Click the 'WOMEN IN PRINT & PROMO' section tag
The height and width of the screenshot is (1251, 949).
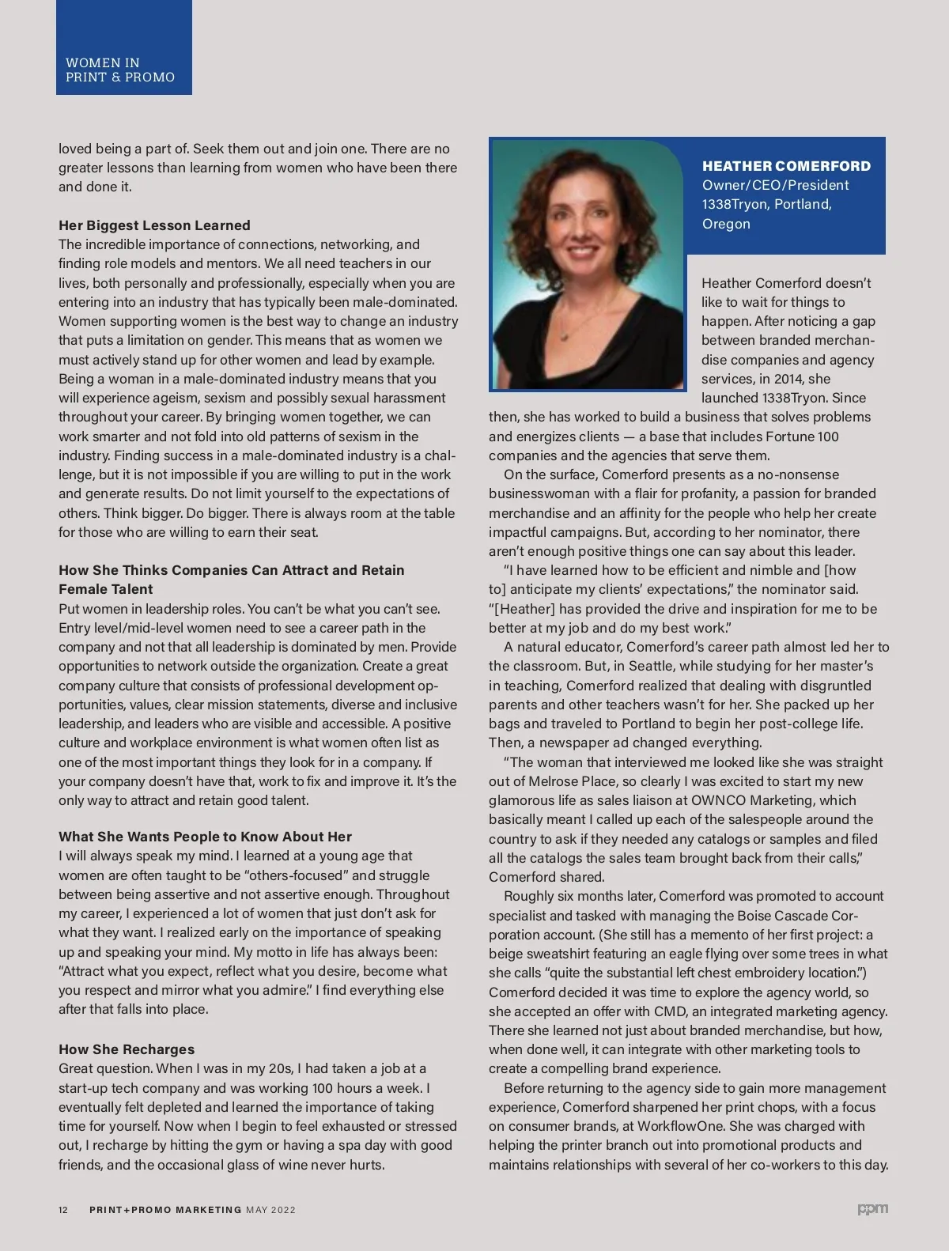pos(120,70)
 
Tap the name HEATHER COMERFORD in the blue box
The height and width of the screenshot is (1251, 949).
pos(786,166)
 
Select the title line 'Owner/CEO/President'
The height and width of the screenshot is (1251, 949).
pos(775,185)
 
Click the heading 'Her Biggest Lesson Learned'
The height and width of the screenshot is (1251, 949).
pos(154,225)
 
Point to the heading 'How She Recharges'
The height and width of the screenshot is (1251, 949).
pos(127,1049)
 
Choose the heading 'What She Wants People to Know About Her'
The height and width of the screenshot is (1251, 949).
pos(205,837)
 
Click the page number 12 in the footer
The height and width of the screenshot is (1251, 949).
pos(63,1210)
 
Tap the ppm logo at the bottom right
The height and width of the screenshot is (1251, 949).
pos(873,1209)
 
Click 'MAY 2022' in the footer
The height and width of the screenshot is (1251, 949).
pos(270,1210)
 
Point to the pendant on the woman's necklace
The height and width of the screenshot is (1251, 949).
pos(564,334)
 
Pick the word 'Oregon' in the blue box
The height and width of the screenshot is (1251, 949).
pos(726,224)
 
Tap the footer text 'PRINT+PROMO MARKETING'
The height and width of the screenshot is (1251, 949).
pos(165,1210)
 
